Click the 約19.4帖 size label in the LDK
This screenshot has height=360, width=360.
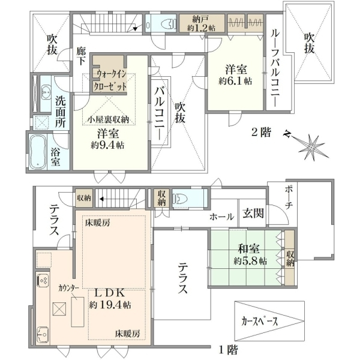pos(110,305)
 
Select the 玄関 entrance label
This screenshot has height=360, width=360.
pos(253,213)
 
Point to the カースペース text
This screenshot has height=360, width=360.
pos(260,321)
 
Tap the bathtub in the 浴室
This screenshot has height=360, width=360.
pos(38,152)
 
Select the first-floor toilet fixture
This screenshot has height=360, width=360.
pos(179,199)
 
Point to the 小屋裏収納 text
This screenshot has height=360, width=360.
pos(109,120)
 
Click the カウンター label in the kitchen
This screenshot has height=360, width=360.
pos(68,287)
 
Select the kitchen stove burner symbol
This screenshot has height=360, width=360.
pos(43,280)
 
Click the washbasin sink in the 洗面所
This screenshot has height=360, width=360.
pos(46,90)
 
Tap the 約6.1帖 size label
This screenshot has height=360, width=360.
pos(235,81)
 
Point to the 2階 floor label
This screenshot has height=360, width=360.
pos(261,133)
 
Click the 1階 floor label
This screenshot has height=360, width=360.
pos(227,350)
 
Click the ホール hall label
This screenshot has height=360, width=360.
pos(222,217)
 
